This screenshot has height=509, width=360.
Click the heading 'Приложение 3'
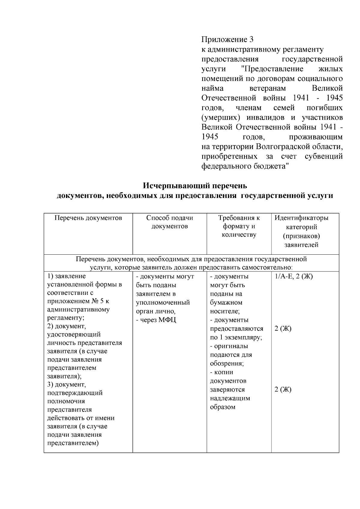[x=227, y=40]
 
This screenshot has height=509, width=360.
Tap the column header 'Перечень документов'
[x=88, y=218]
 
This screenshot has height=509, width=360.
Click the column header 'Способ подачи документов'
[x=169, y=222]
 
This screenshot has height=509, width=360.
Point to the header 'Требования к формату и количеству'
[x=239, y=226]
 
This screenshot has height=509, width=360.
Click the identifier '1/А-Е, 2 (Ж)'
[x=294, y=277]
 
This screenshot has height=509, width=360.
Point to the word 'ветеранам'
[x=268, y=88]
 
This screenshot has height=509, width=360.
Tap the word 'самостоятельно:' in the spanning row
[x=267, y=267]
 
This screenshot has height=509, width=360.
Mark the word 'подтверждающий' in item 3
[x=75, y=393]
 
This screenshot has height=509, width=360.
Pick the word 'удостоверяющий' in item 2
[x=74, y=334]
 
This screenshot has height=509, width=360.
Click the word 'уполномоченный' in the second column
[x=163, y=303]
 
